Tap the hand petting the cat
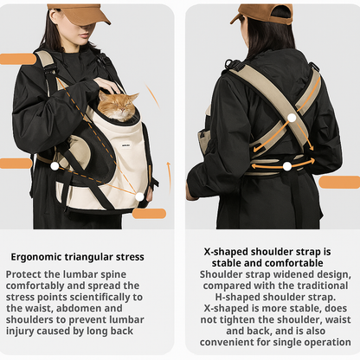pyautogui.click(x=107, y=86)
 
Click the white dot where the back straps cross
pyautogui.click(x=292, y=118)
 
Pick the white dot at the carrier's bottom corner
pyautogui.click(x=139, y=196)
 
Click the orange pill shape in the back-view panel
pyautogui.click(x=338, y=182)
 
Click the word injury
pyautogui.click(x=26, y=331)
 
